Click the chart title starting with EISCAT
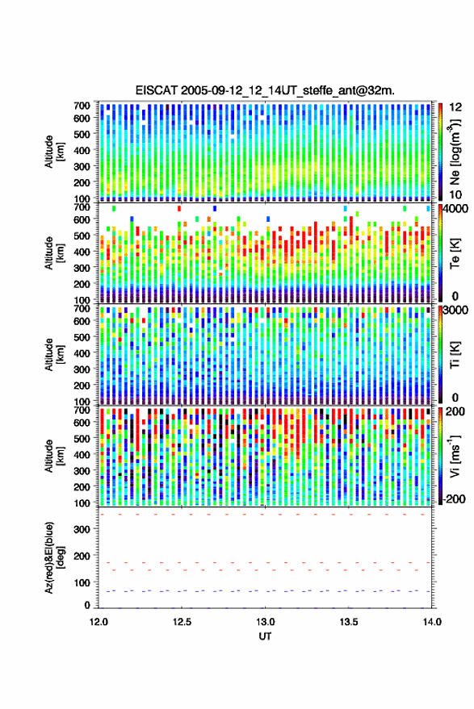point(265,90)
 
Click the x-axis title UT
point(265,636)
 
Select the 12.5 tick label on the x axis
point(182,622)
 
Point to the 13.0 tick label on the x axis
point(266,622)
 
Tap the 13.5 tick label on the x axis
point(349,622)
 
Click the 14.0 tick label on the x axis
point(432,622)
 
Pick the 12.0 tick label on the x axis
point(99,622)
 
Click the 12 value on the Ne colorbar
point(455,107)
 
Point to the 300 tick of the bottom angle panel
point(82,529)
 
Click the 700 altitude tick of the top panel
point(82,106)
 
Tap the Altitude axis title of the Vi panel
point(53,456)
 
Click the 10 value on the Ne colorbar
point(455,195)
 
